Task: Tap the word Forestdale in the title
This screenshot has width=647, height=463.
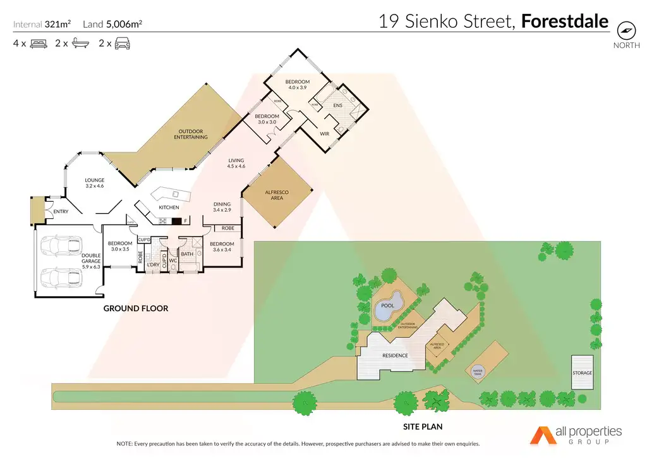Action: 564,22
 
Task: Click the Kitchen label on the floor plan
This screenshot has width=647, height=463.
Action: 169,207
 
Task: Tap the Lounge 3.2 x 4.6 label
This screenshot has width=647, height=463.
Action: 94,183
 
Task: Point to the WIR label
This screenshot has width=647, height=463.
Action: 325,134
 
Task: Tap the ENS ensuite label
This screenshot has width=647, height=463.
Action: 337,106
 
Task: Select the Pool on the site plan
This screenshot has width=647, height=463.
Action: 387,306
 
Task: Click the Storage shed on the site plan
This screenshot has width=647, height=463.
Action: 583,373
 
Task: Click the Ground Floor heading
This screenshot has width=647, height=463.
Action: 136,309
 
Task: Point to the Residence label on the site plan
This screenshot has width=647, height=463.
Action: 394,355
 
